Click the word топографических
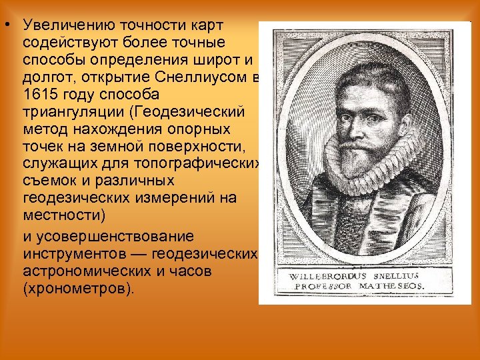[199, 163]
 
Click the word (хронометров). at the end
[78, 289]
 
